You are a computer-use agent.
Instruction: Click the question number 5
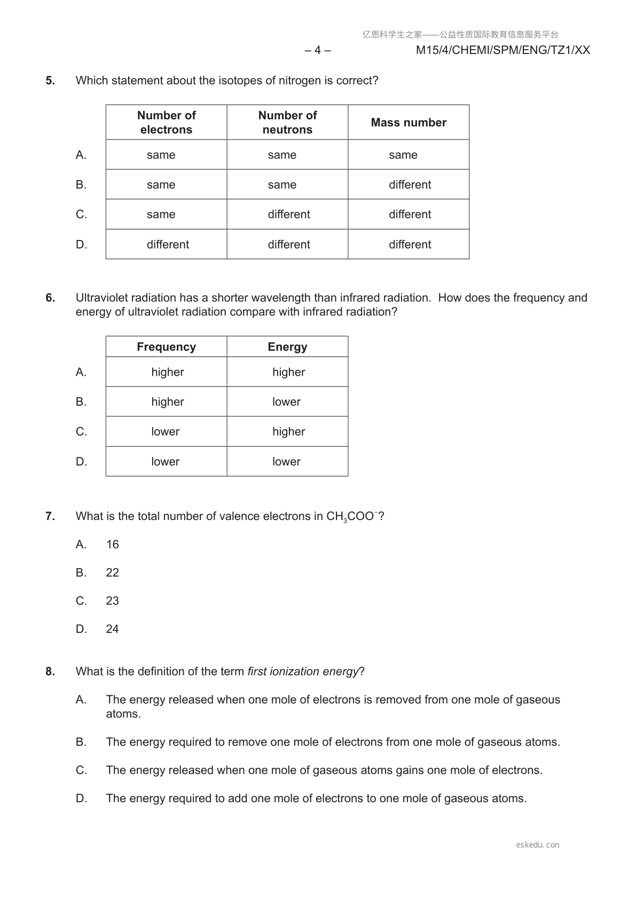[50, 81]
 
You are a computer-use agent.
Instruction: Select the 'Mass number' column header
[409, 122]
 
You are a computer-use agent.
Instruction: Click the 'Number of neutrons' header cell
[287, 122]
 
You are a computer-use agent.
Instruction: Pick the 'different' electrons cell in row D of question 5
[168, 244]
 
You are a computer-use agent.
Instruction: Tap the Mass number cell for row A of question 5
[403, 155]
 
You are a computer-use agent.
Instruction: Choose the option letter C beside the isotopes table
[81, 214]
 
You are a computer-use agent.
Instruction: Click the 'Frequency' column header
[166, 347]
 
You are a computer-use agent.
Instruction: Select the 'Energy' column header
[287, 347]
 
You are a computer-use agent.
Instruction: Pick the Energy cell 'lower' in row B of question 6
[286, 402]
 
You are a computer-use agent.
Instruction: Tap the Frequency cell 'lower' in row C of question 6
[165, 432]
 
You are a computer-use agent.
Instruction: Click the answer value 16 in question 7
[112, 545]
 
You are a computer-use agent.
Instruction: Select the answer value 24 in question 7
[112, 629]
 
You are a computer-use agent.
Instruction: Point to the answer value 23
[112, 601]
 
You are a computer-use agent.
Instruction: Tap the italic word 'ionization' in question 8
[294, 672]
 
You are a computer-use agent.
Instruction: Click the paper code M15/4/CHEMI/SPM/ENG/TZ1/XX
[502, 50]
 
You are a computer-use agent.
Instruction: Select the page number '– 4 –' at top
[318, 50]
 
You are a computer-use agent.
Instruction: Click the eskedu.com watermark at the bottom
[538, 845]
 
